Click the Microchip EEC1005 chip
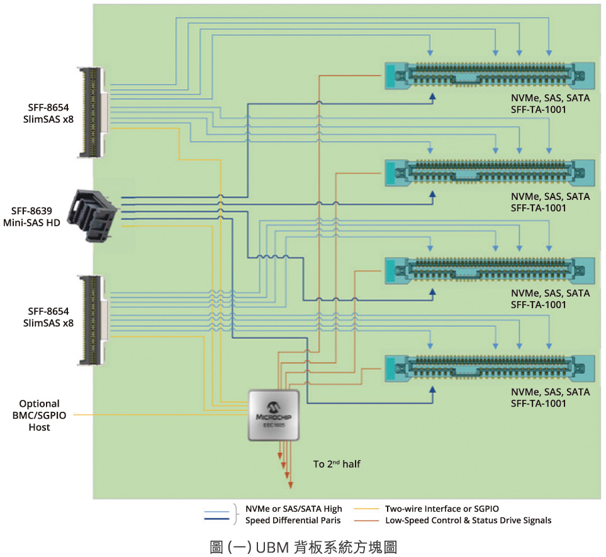pyautogui.click(x=274, y=416)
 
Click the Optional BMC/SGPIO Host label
pyautogui.click(x=39, y=416)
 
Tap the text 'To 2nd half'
pyautogui.click(x=337, y=465)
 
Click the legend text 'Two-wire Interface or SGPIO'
pyautogui.click(x=444, y=509)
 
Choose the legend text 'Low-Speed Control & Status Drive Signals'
pyautogui.click(x=468, y=521)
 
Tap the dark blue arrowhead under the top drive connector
pyautogui.click(x=433, y=96)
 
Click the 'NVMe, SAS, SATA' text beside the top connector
pyautogui.click(x=550, y=99)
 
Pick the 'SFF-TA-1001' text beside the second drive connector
pyautogui.click(x=539, y=208)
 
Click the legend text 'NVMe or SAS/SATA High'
pyautogui.click(x=293, y=509)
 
